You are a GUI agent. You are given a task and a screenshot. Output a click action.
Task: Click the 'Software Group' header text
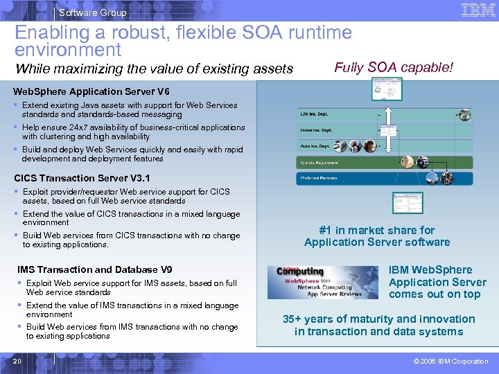click(x=93, y=12)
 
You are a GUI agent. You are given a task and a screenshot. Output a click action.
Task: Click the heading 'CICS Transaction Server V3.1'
click(x=82, y=178)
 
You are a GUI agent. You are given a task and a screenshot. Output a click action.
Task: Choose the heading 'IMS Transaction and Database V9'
click(x=94, y=269)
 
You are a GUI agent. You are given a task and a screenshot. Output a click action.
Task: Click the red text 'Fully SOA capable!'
click(x=394, y=67)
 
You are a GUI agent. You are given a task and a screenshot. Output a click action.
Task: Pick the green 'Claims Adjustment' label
click(x=319, y=163)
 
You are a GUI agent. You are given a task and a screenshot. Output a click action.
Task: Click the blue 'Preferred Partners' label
click(x=319, y=178)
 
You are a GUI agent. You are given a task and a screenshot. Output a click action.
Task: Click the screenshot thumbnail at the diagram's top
click(x=390, y=87)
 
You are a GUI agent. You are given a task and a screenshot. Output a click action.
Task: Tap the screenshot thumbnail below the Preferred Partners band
click(x=407, y=202)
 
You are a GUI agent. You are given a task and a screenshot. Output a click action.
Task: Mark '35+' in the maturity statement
click(x=295, y=319)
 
